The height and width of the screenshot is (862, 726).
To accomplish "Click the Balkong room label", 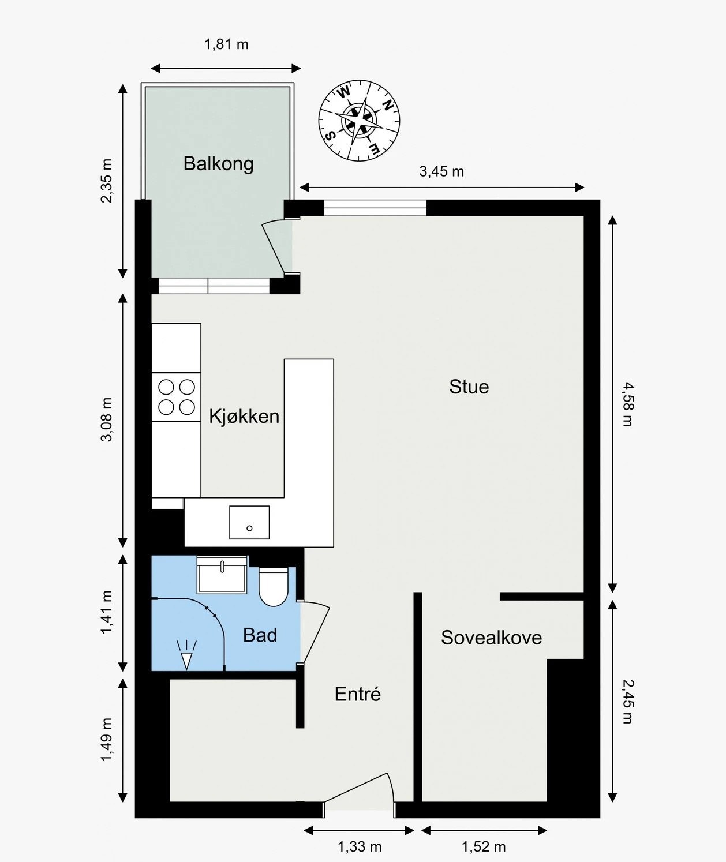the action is [219, 163].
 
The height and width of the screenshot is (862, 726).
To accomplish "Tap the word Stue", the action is [469, 387].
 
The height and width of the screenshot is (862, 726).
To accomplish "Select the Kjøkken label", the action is [244, 416].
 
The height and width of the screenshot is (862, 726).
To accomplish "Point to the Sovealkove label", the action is [492, 638].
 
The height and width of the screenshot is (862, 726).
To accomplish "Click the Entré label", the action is [358, 694].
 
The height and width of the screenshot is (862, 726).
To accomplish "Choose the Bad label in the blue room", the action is [260, 635].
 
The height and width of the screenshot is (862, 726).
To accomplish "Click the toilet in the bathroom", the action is [274, 586].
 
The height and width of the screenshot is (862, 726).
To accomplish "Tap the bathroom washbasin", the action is [222, 575].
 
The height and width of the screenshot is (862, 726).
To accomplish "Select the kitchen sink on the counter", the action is [249, 522].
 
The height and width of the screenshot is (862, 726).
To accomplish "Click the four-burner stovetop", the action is [177, 397].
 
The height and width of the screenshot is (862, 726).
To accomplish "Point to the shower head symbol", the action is [186, 655].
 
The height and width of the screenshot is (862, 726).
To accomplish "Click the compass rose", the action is [360, 121].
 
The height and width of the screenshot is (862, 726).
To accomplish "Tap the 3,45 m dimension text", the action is [442, 171].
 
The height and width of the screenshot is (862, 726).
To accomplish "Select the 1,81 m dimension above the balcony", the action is [226, 44].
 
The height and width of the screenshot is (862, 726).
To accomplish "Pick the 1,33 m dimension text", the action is [360, 847].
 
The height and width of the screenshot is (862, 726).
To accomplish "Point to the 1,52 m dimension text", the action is [484, 847].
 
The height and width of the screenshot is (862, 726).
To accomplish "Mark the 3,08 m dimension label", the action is [107, 419].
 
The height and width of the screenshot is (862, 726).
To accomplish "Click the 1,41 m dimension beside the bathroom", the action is [107, 612].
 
